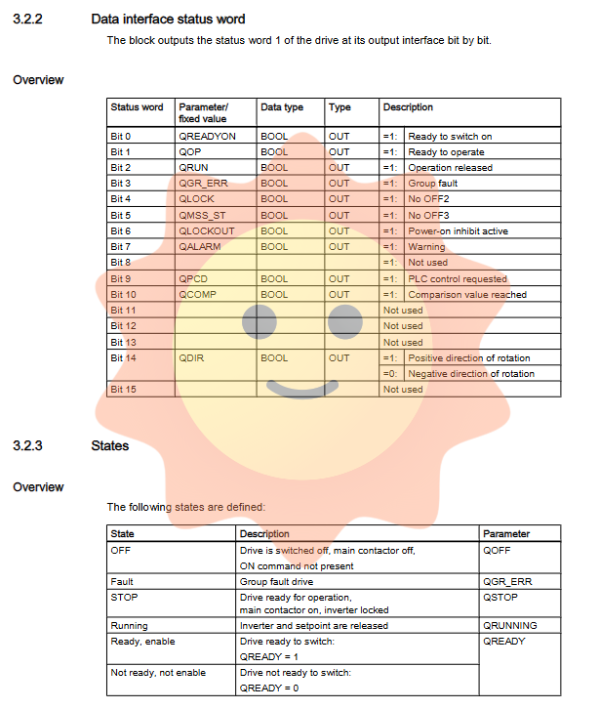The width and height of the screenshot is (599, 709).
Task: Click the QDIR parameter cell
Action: coord(191,358)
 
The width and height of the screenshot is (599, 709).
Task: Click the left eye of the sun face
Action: coord(260,321)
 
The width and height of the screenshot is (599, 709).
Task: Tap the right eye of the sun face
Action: coord(344,321)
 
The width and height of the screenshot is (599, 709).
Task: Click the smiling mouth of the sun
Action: coord(301,390)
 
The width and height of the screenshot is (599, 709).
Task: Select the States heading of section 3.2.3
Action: coord(110,446)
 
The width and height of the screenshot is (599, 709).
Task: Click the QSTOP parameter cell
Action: coord(501,598)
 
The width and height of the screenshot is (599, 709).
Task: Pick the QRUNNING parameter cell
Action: coord(510,626)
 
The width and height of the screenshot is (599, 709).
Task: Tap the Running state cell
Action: coord(130,626)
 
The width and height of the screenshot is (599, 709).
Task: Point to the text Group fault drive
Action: coord(276,582)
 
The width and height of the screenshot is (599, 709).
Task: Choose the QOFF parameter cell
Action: coord(499,551)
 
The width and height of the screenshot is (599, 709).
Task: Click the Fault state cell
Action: coord(123,582)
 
